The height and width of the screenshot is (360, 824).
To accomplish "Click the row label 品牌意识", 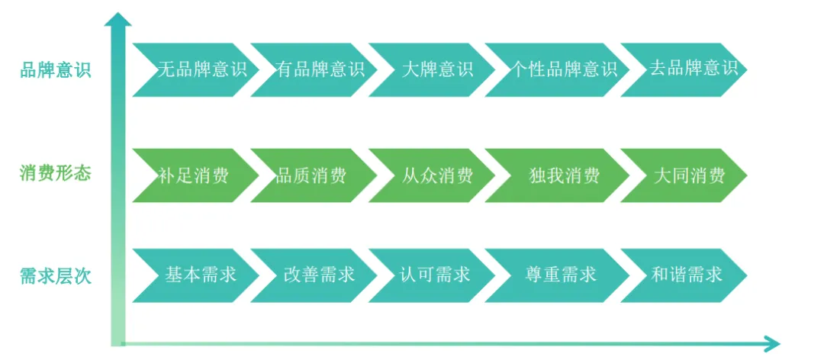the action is [x=55, y=70].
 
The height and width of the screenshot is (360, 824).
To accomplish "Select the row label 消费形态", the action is [x=55, y=174].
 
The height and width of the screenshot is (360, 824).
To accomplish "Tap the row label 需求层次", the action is [x=55, y=275].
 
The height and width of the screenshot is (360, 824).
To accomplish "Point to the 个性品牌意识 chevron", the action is [x=562, y=70].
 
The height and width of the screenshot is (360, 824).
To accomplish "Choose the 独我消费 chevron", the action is [x=563, y=175].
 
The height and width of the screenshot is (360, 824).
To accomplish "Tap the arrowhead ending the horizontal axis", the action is [x=771, y=344].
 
